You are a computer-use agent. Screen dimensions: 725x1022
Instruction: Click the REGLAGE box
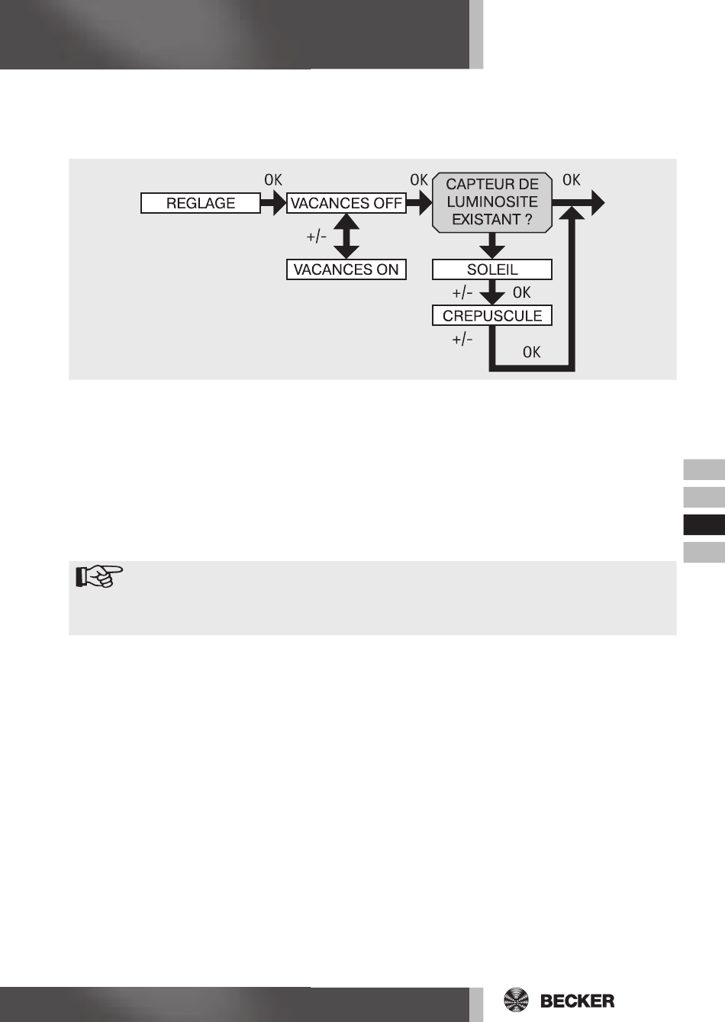tap(201, 204)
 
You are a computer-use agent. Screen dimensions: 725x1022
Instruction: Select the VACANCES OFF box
tap(346, 204)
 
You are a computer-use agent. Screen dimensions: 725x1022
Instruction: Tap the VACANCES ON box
tap(346, 269)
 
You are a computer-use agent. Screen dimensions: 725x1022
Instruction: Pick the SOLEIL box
tap(492, 269)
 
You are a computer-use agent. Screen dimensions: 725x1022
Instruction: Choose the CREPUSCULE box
tap(492, 315)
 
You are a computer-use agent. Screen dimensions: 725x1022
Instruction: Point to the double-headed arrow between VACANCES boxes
tap(346, 237)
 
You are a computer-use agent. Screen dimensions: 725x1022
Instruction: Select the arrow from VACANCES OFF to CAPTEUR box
tap(419, 204)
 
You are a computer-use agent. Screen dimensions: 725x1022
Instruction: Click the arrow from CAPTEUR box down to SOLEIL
tap(492, 246)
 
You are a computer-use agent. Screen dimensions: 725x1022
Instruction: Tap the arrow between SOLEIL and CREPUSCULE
tap(492, 293)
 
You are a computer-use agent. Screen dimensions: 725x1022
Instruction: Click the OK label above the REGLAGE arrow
tap(272, 180)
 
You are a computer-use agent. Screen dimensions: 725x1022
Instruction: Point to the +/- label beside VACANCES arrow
tap(317, 237)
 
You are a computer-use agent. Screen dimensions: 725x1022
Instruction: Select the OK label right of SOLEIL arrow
tap(522, 292)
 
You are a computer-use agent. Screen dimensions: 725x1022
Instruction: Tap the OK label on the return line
tap(532, 352)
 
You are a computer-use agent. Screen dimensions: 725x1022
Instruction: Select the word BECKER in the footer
tap(577, 1001)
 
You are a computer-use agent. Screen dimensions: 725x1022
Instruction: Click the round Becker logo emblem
tap(518, 1001)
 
